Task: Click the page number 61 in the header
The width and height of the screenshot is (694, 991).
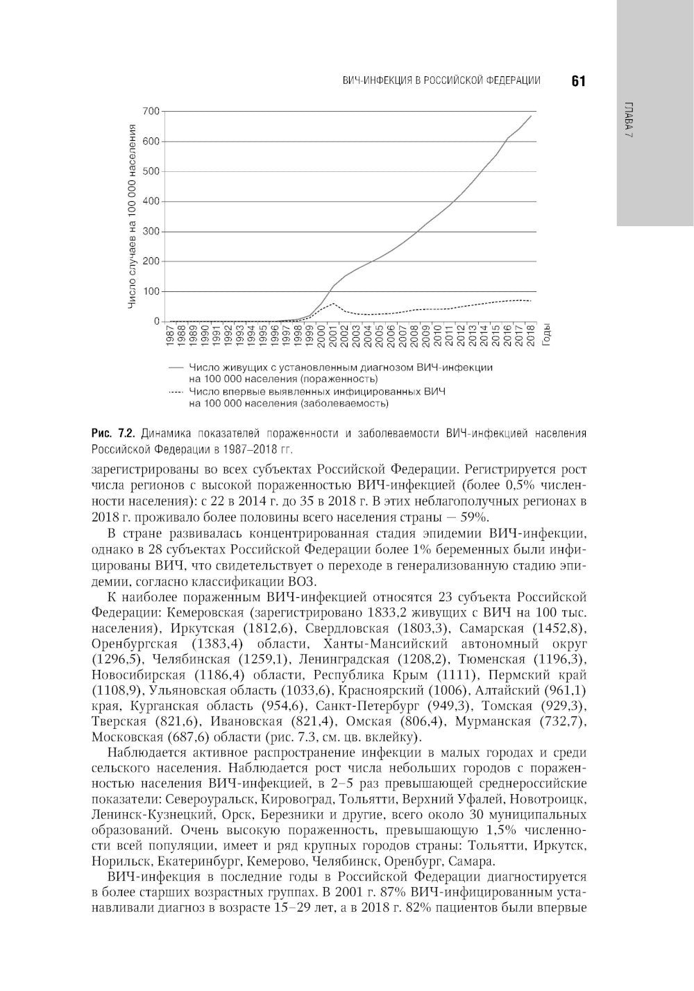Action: pos(579,81)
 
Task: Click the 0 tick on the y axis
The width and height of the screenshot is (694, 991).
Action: pos(156,322)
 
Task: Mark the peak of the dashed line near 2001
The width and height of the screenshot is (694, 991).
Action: pos(334,303)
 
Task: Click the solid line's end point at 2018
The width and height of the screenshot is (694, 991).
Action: pos(532,116)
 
